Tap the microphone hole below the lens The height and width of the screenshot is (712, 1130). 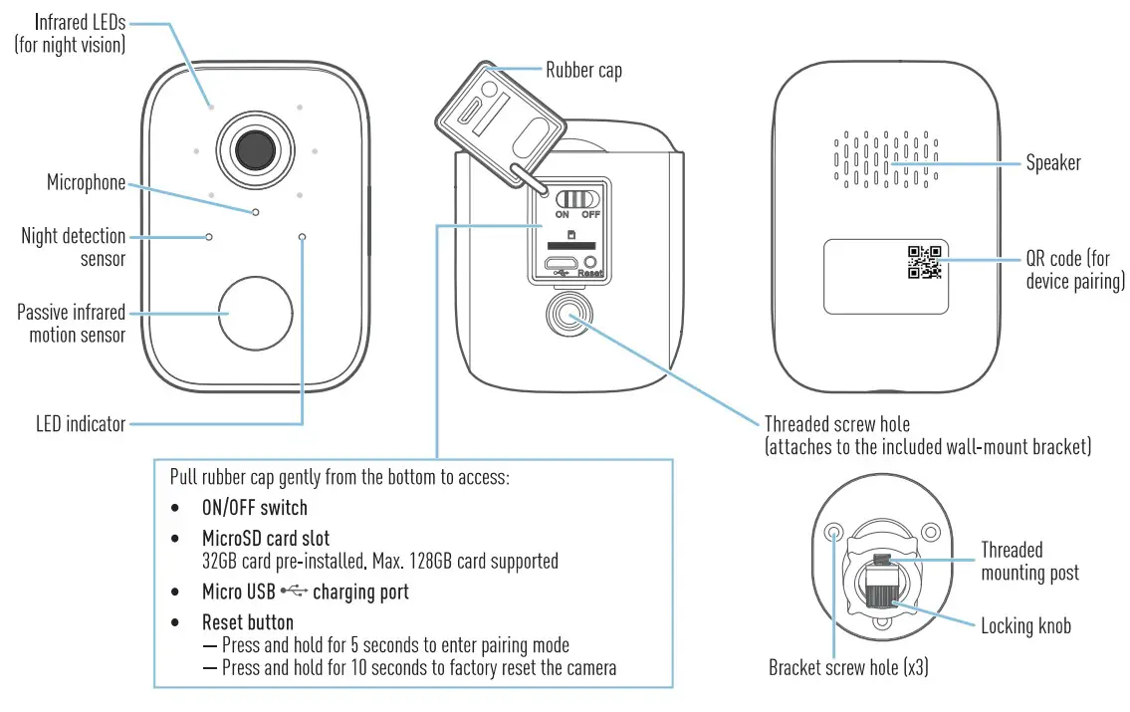pos(256,212)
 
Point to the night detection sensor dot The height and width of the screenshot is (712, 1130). pos(209,237)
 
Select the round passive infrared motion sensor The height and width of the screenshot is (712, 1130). pos(255,313)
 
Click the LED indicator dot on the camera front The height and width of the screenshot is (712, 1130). pos(302,237)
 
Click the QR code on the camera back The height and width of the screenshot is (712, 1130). pos(924,261)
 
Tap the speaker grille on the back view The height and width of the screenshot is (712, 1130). pos(884,159)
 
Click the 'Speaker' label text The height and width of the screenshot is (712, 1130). pos(1052,162)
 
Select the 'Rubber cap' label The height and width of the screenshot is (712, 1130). pos(583,70)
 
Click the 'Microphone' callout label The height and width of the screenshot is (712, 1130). pos(87,182)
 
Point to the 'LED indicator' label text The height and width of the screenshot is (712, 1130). pos(81,424)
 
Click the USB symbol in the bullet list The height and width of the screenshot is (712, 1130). pos(292,593)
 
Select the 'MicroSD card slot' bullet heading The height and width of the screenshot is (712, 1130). pos(266,539)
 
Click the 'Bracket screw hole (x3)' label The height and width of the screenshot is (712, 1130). pos(848,667)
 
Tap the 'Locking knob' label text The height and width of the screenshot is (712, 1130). pos(1025,625)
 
